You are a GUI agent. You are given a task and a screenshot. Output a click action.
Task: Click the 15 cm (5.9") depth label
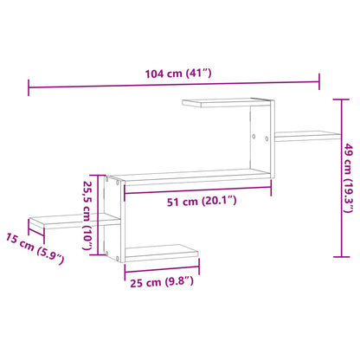[x=35, y=250]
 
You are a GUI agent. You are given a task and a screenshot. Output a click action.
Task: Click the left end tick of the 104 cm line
[x=29, y=86]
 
